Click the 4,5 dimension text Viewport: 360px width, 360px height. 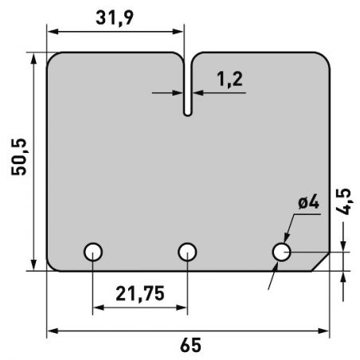click(344, 202)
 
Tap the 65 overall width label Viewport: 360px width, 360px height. click(190, 345)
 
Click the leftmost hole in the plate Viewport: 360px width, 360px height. click(93, 252)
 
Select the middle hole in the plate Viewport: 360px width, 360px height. click(187, 252)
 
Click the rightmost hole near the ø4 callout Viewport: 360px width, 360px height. click(281, 252)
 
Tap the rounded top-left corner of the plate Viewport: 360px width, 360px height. click(53, 59)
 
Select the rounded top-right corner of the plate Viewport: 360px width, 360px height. click(323, 59)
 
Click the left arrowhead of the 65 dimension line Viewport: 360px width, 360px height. click(51, 330)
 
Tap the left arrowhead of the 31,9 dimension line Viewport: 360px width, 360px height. click(51, 32)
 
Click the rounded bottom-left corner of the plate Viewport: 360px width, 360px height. click(52, 264)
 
